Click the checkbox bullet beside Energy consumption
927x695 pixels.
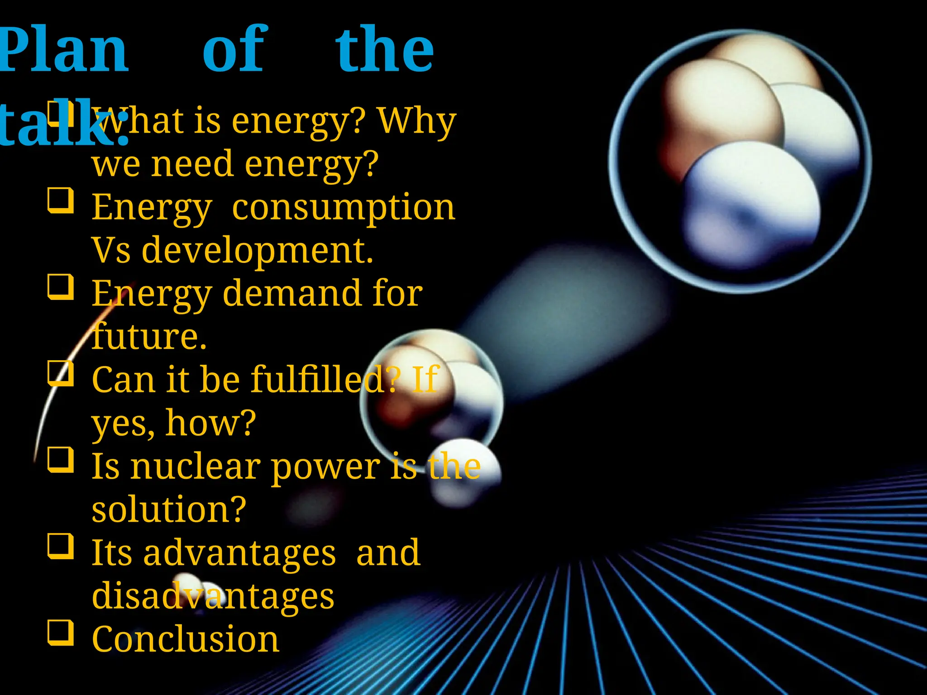click(x=61, y=200)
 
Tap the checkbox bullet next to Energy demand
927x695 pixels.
click(x=61, y=287)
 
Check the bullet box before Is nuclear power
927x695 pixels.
click(x=61, y=460)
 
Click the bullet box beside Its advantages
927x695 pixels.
click(x=61, y=546)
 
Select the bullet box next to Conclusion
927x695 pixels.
click(x=61, y=632)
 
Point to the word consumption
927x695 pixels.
click(x=343, y=207)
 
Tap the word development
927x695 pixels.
click(x=257, y=250)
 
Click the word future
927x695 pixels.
click(x=149, y=337)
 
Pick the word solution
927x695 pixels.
click(x=169, y=509)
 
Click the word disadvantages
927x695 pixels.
click(x=213, y=596)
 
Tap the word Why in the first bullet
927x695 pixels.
click(x=416, y=121)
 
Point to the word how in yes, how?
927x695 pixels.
click(x=211, y=423)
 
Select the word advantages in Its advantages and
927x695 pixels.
click(x=240, y=553)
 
